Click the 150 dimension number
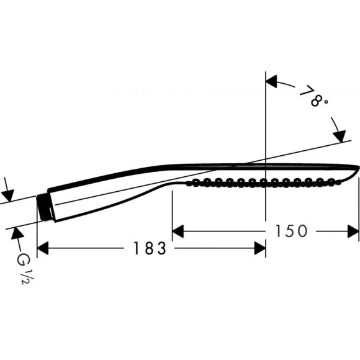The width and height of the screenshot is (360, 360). point(289,231)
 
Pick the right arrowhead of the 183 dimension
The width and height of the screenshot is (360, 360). point(260,248)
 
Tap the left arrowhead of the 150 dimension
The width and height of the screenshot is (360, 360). point(178,231)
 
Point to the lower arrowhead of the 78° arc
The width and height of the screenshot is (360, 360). point(340,136)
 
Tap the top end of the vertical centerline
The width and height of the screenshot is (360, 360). point(266,73)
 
